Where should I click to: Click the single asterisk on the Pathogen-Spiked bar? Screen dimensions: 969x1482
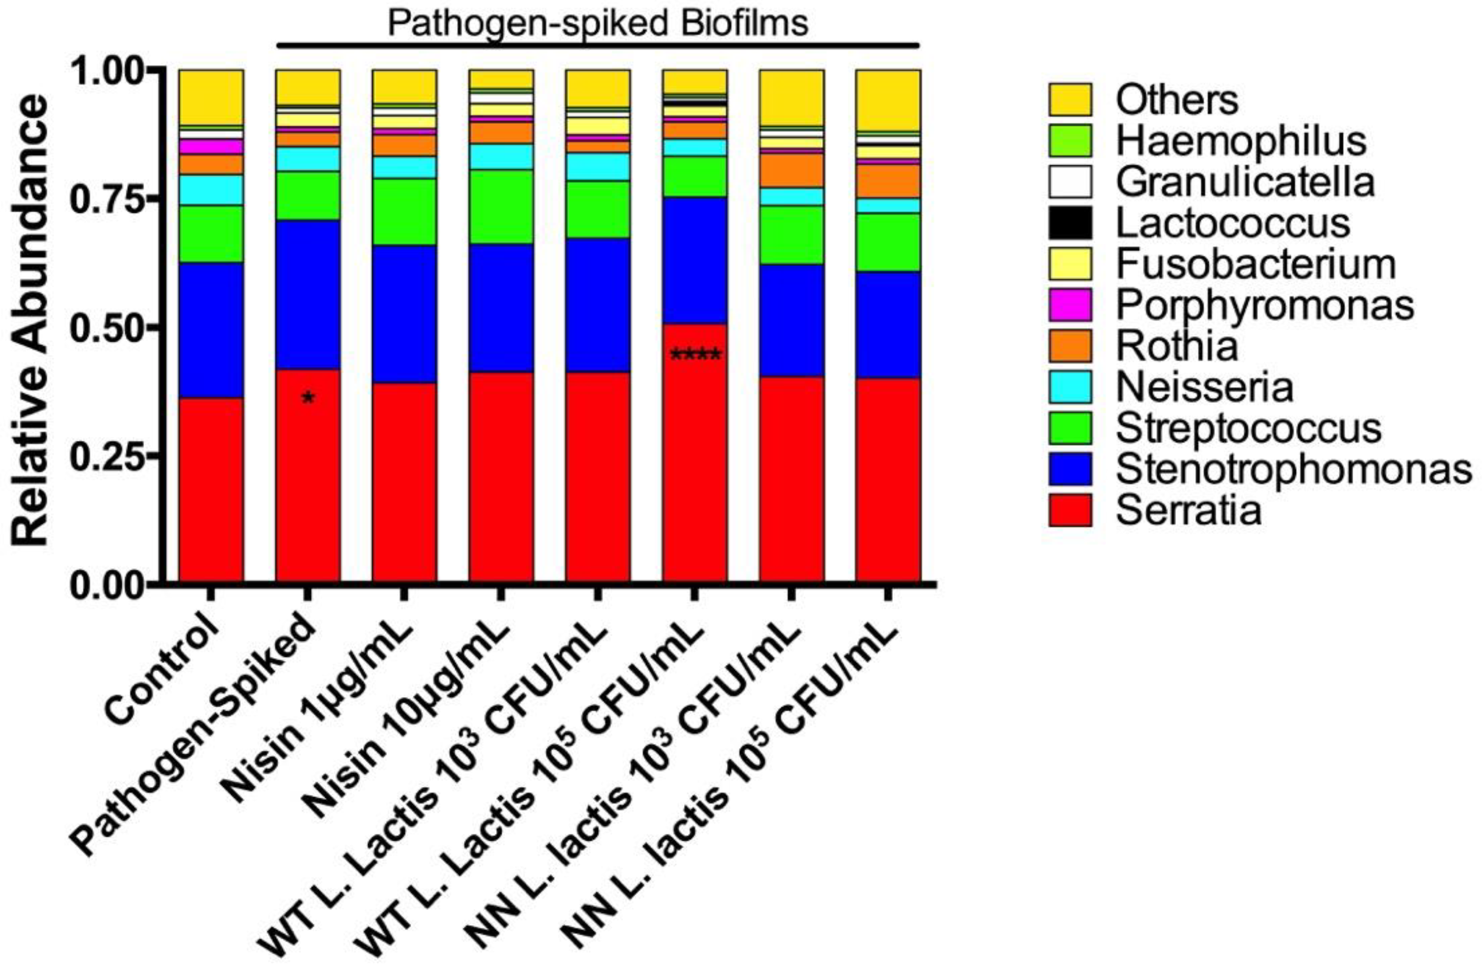pyautogui.click(x=307, y=397)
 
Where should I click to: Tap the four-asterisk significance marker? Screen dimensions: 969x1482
pyautogui.click(x=695, y=355)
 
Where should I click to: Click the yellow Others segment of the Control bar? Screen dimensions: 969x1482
pyautogui.click(x=211, y=97)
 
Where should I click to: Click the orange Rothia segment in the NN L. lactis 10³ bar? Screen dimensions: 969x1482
pyautogui.click(x=792, y=170)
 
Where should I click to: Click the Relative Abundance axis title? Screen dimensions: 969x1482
pyautogui.click(x=30, y=321)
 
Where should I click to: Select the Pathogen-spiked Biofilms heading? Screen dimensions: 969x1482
pyautogui.click(x=598, y=23)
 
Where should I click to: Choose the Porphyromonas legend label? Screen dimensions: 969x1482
pyautogui.click(x=1264, y=305)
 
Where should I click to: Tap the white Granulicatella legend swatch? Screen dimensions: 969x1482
pyautogui.click(x=1070, y=182)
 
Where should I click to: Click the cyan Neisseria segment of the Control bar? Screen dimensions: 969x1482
pyautogui.click(x=211, y=190)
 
